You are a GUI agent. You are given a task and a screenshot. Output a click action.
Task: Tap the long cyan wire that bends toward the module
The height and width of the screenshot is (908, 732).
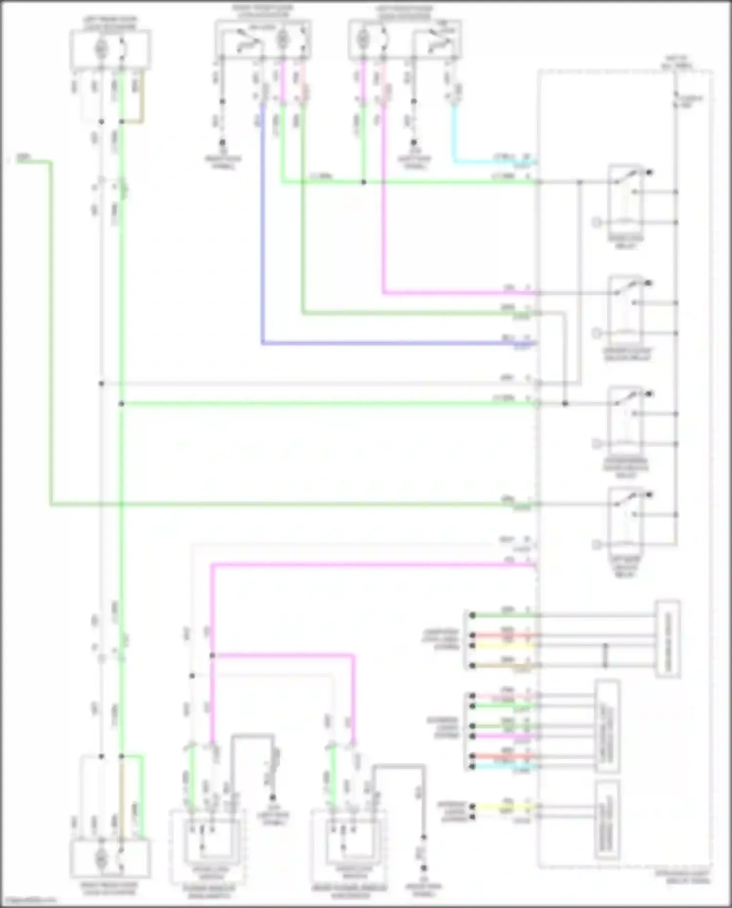488,161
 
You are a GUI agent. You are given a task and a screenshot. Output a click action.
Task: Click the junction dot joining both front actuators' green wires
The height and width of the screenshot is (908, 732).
364,182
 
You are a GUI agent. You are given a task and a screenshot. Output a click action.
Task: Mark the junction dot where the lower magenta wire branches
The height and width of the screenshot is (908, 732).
212,655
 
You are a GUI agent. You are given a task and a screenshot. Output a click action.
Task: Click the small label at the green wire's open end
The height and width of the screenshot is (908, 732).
22,158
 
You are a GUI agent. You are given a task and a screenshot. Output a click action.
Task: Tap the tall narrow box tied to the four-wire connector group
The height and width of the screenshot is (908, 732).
667,639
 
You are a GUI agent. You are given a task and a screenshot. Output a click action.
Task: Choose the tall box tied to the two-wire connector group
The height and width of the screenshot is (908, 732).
607,820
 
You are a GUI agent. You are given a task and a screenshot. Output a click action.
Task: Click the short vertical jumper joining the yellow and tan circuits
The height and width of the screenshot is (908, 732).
606,655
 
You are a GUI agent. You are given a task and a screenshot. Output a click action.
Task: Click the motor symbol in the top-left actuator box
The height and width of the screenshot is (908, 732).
101,48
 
